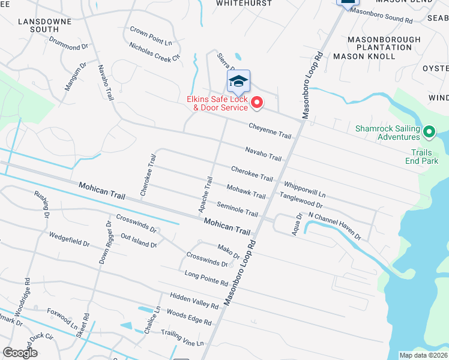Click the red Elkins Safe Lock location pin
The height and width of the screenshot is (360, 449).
pos(257,103)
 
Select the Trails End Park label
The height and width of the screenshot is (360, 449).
pos(426,157)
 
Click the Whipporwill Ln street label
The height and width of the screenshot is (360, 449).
pos(304,190)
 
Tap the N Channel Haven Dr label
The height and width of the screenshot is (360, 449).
pos(334,225)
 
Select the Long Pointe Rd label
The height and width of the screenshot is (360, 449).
pos(206,278)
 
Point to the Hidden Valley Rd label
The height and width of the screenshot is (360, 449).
pos(194,301)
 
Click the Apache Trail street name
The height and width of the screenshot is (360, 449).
pos(206,194)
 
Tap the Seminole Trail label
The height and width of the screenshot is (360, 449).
pos(237,209)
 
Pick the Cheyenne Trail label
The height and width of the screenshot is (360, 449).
pos(270,130)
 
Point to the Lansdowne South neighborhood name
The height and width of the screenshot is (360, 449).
pos(45,25)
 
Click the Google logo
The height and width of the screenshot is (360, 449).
pos(20,353)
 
